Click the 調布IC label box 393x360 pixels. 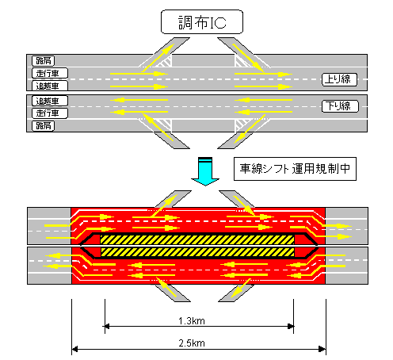tap(202, 22)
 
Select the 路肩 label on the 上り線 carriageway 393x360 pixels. tap(44, 61)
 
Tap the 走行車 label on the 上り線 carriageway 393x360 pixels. tap(50, 73)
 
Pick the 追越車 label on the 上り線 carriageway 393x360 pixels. tap(50, 86)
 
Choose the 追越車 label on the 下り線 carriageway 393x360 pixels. tap(50, 101)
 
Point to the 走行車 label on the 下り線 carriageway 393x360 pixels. tap(50, 113)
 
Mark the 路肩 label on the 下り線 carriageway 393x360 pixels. tap(44, 125)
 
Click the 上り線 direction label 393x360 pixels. tap(339, 79)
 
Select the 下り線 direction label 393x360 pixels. tap(340, 106)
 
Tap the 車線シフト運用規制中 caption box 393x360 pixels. tap(295, 169)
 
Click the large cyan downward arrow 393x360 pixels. tap(205, 171)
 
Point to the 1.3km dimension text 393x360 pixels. tap(192, 321)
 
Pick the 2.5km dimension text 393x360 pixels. tap(192, 343)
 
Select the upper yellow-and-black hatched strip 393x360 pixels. tap(197, 239)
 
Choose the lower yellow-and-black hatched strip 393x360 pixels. tap(197, 252)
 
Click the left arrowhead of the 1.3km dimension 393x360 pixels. tap(106, 326)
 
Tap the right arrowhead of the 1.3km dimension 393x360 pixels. tap(291, 326)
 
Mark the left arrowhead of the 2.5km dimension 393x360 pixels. tap(74, 349)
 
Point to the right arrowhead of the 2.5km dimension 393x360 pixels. tap(322, 349)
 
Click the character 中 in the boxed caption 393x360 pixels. tap(345, 169)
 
